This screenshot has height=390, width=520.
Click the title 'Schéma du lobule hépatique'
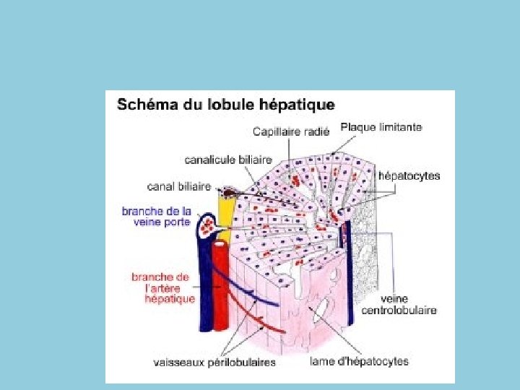click(x=225, y=105)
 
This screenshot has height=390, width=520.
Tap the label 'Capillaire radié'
click(x=291, y=132)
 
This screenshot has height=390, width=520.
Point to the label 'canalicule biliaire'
click(x=228, y=159)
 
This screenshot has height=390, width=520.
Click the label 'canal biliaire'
click(x=179, y=186)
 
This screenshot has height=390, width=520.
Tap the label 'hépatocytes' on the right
click(x=409, y=175)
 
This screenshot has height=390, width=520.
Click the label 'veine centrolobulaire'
click(x=408, y=304)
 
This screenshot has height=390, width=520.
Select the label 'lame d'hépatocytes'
click(x=359, y=361)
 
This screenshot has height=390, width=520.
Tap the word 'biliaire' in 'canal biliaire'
click(x=194, y=186)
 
